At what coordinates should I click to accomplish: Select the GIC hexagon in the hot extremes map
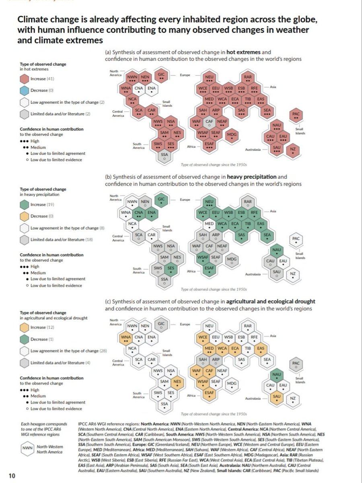[x=161, y=76]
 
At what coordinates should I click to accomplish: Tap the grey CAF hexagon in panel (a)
[x=209, y=122]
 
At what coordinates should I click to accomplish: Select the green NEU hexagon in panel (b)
[x=209, y=202]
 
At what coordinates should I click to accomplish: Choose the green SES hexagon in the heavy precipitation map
[x=171, y=268]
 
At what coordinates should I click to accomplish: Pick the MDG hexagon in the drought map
[x=231, y=384]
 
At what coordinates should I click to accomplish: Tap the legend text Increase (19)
[x=44, y=204]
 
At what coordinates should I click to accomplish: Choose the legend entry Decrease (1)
[x=44, y=339]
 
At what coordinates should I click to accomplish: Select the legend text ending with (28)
[x=68, y=351]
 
